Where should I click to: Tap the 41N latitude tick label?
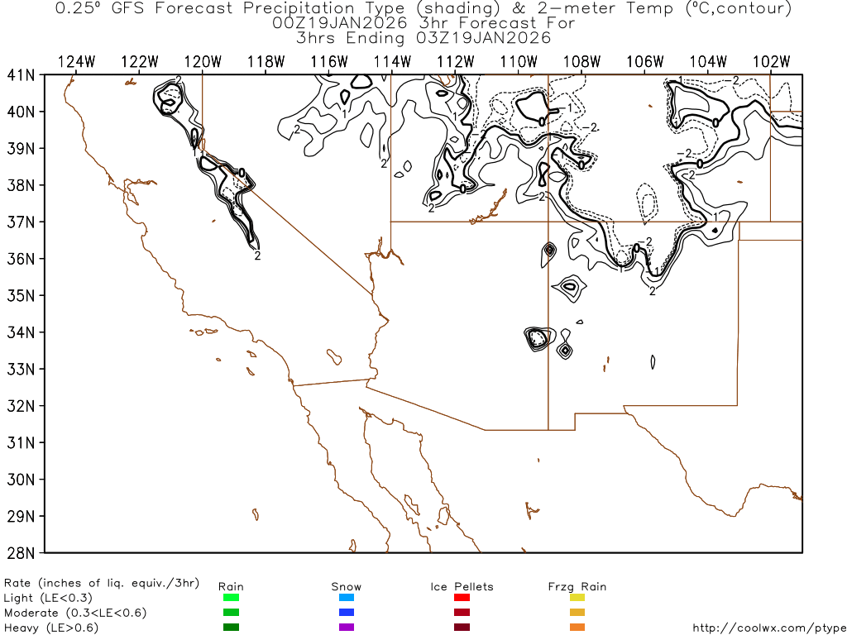(22, 74)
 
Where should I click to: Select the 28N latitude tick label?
(22, 552)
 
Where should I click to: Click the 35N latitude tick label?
(22, 295)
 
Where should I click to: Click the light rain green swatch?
(231, 598)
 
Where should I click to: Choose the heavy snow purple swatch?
(347, 628)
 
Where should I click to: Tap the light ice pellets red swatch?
(462, 598)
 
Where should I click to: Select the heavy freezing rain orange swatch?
(577, 628)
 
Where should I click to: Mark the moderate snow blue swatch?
(347, 613)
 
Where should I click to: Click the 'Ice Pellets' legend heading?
(462, 586)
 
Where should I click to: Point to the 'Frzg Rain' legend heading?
(577, 586)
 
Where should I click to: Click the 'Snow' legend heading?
(347, 586)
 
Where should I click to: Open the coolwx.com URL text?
(767, 628)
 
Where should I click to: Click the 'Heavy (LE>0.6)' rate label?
(51, 628)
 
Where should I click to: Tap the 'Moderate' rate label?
(31, 613)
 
